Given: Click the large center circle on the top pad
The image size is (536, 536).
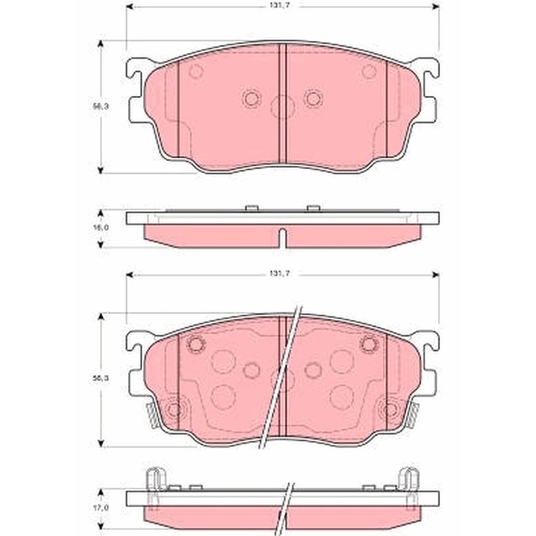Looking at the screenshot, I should pos(282,108).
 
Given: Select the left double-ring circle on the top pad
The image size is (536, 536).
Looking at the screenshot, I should pos(251,98).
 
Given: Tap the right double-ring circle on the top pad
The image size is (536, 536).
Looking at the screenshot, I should pos(313,98).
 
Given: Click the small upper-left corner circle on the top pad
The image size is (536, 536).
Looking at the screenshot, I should pos(196,71).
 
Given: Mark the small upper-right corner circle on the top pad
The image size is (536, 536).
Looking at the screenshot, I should pos(368,71).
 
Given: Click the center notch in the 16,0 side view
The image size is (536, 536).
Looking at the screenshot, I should pos(282,237).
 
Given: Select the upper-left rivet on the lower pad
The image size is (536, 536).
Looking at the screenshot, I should pos(196,344).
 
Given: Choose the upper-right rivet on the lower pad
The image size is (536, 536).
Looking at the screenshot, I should pos(368,344).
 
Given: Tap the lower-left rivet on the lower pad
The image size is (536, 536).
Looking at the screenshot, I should pos(174,409).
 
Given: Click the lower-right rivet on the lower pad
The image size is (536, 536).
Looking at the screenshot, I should pos(390,409).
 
